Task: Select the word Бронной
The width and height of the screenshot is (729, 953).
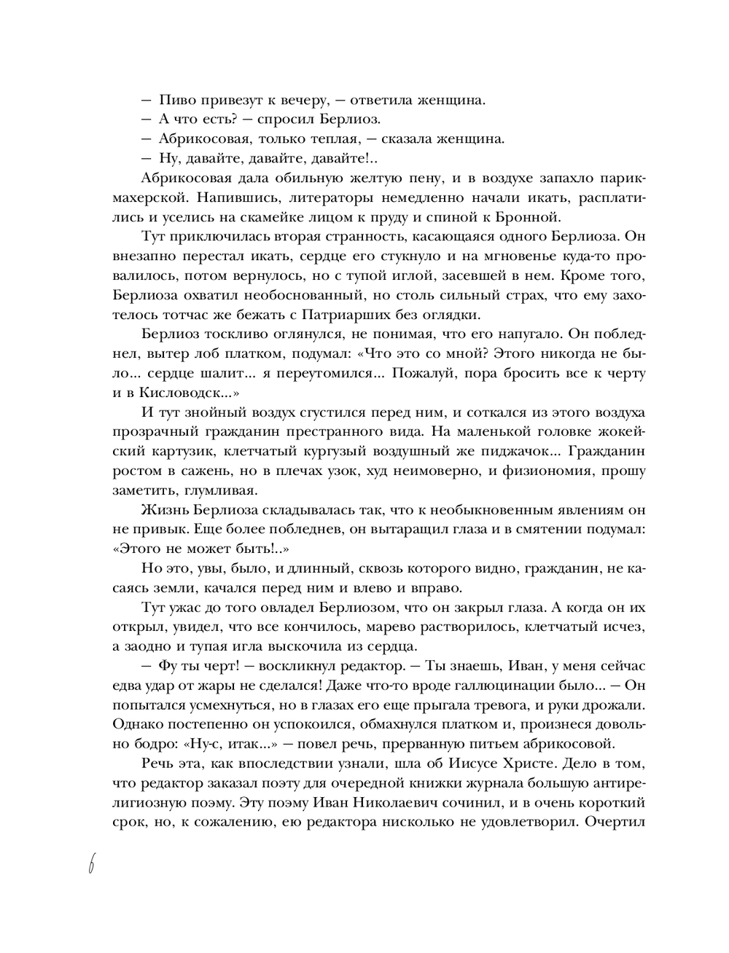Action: coord(532,216)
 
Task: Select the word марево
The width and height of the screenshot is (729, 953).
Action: coord(442,627)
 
